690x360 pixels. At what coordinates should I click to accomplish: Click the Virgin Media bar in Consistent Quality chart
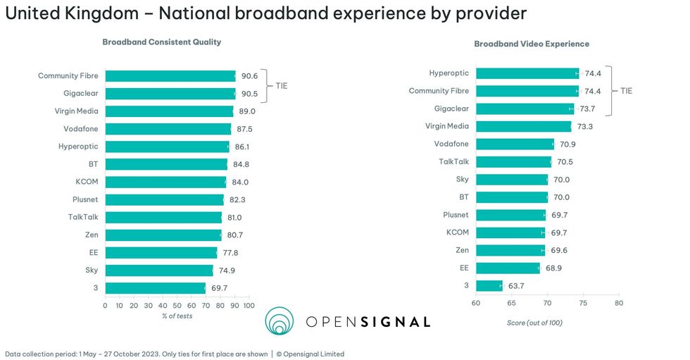pyautogui.click(x=169, y=111)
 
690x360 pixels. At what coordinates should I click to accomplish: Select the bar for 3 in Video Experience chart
pyautogui.click(x=489, y=285)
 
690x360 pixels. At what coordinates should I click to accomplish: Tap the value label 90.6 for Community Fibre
pyautogui.click(x=249, y=76)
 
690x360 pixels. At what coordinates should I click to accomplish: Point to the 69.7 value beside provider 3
pyautogui.click(x=219, y=288)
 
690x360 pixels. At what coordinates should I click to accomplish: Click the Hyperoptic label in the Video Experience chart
pyautogui.click(x=448, y=73)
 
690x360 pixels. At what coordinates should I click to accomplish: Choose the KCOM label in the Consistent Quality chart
pyautogui.click(x=87, y=182)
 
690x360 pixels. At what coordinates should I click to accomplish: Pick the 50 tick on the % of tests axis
pyautogui.click(x=177, y=306)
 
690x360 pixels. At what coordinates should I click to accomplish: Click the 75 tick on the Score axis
pyautogui.click(x=583, y=304)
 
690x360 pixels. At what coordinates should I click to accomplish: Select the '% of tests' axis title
pyautogui.click(x=177, y=316)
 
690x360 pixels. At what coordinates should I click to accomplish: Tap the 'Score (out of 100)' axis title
pyautogui.click(x=534, y=323)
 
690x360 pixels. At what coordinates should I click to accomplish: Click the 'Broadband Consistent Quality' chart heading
pyautogui.click(x=162, y=42)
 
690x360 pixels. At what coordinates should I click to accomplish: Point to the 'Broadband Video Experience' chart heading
pyautogui.click(x=532, y=44)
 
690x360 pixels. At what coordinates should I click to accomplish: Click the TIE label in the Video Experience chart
pyautogui.click(x=626, y=91)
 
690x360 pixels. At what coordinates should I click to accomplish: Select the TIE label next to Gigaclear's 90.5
pyautogui.click(x=281, y=85)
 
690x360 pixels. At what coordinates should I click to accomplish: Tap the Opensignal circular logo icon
pyautogui.click(x=280, y=321)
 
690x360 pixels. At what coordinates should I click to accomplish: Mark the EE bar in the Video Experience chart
pyautogui.click(x=508, y=268)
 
